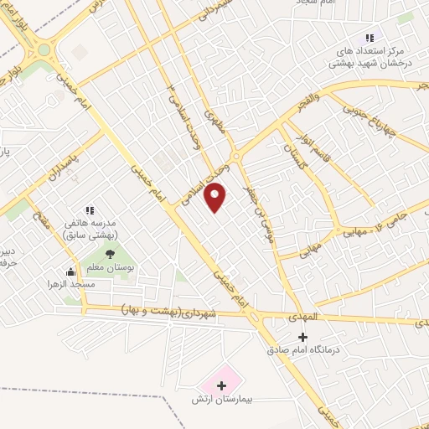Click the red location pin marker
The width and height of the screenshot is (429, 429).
[216, 198]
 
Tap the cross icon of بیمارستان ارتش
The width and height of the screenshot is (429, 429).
[222, 385]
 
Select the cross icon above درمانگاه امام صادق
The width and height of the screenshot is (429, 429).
[303, 337]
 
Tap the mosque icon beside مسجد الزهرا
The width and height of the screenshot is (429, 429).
[70, 271]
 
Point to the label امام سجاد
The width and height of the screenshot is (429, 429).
[315, 3]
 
